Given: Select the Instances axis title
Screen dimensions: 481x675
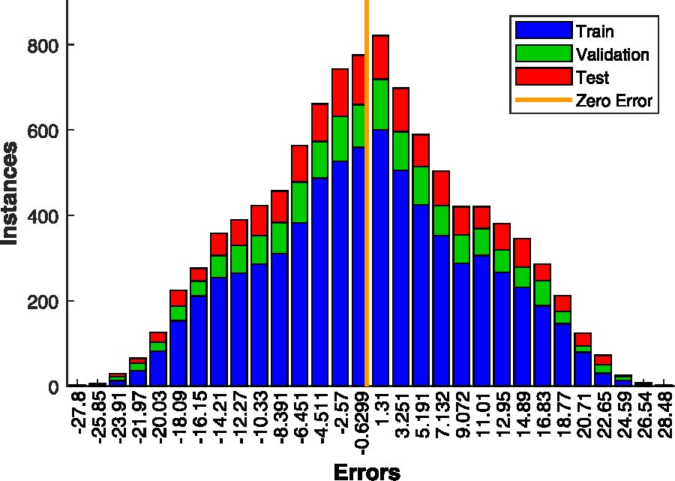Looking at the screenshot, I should tap(10, 193).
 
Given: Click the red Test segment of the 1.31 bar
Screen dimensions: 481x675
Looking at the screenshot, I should tap(381, 57).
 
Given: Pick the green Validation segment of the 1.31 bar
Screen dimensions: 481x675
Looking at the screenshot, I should tap(381, 104).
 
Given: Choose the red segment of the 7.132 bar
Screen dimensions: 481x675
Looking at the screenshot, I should tap(441, 188).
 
